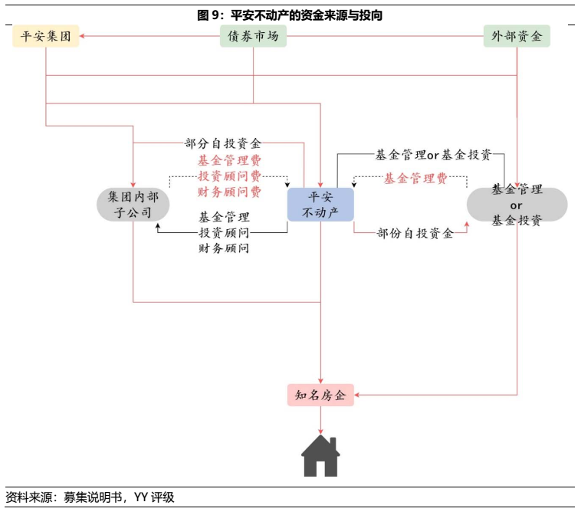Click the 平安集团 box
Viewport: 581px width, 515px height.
pos(46,36)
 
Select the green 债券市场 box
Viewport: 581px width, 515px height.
pos(253,36)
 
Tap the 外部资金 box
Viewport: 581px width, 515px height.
pos(517,36)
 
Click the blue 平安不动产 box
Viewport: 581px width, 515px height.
pos(320,205)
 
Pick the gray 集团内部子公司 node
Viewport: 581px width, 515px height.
pos(133,205)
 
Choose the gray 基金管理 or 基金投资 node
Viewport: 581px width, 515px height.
pos(517,205)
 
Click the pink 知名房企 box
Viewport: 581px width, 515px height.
pos(320,395)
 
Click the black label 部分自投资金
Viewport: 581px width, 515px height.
pos(223,143)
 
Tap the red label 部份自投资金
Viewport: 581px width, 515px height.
pos(415,233)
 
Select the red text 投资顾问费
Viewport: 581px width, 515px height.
pos(229,176)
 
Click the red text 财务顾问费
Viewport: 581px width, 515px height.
pos(229,192)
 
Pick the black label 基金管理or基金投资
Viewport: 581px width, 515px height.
pos(433,155)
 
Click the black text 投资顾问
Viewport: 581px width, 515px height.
pos(224,233)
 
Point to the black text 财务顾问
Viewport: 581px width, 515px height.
pos(224,248)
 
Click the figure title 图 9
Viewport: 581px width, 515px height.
pos(290,15)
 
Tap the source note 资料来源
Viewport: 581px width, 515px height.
pos(90,497)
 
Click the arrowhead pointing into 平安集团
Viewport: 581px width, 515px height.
pos(84,36)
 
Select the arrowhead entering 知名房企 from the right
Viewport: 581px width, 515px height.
pos(359,395)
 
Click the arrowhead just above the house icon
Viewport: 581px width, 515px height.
pos(320,432)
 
